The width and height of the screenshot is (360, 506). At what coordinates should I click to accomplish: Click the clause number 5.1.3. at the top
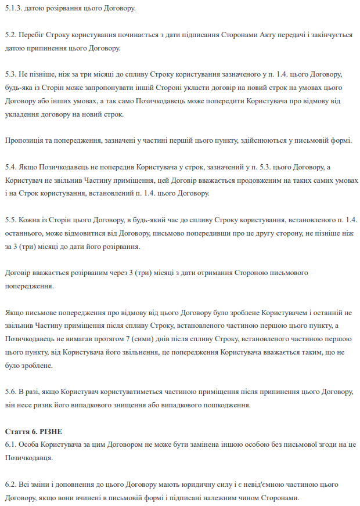[13, 7]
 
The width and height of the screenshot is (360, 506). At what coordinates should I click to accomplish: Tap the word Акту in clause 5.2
[261, 35]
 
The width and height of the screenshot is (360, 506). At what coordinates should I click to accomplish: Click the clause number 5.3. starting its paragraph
[12, 75]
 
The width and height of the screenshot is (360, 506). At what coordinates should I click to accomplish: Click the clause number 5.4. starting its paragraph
[12, 167]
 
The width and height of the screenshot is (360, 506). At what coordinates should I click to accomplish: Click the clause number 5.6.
[12, 392]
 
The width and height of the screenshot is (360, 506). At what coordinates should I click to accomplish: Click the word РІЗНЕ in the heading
[50, 432]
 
